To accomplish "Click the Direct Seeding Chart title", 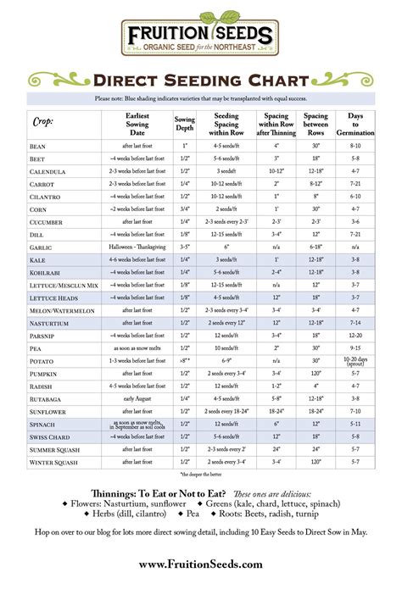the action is pos(200,81).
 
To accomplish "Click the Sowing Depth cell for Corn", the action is pos(185,208).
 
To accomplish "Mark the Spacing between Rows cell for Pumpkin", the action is pos(315,370).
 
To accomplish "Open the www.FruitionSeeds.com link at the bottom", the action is pos(200,564).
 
